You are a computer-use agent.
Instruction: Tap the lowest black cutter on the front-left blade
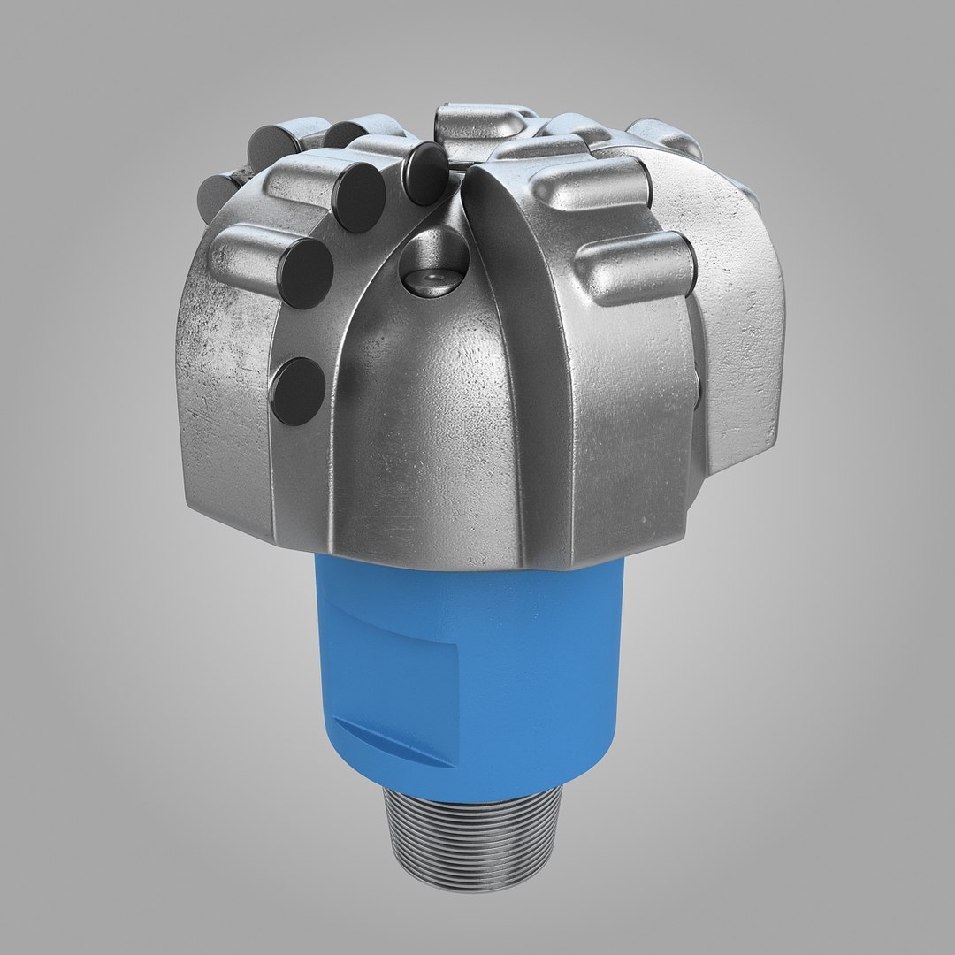[298, 388]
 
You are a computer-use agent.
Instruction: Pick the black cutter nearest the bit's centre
[426, 172]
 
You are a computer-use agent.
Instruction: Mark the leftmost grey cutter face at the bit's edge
[210, 191]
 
